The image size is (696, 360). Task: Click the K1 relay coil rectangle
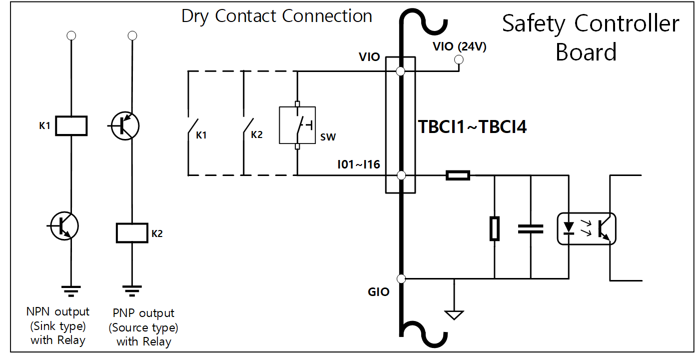coord(71,125)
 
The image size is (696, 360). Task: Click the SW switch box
coord(297,125)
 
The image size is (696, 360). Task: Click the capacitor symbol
coord(531,228)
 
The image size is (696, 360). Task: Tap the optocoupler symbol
coord(587,228)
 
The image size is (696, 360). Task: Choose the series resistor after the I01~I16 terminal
coord(457,175)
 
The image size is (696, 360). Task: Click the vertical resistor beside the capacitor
coord(494,228)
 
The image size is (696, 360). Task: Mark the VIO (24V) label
coord(460,47)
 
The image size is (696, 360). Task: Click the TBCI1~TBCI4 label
coord(473,127)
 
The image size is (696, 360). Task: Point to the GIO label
coord(378,292)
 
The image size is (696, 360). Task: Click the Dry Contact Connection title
coord(277,16)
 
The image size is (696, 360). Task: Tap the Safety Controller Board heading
coord(591,37)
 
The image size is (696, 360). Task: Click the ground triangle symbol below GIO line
coord(454,314)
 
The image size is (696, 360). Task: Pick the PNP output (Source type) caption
coord(143,327)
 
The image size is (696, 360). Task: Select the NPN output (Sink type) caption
coord(58,326)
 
